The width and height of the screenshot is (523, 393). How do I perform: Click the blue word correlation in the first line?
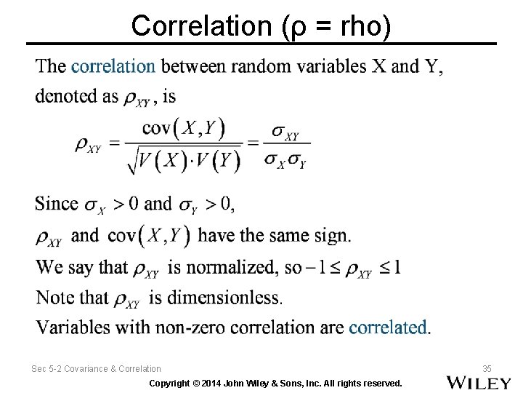pos(113,66)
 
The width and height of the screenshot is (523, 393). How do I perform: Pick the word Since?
pos(57,204)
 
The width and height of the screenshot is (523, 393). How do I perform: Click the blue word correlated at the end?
pos(389,327)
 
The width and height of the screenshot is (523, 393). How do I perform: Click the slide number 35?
pos(487,369)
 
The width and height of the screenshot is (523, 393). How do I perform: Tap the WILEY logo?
pos(478,382)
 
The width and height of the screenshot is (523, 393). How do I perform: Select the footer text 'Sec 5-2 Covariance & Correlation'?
pos(96,369)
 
